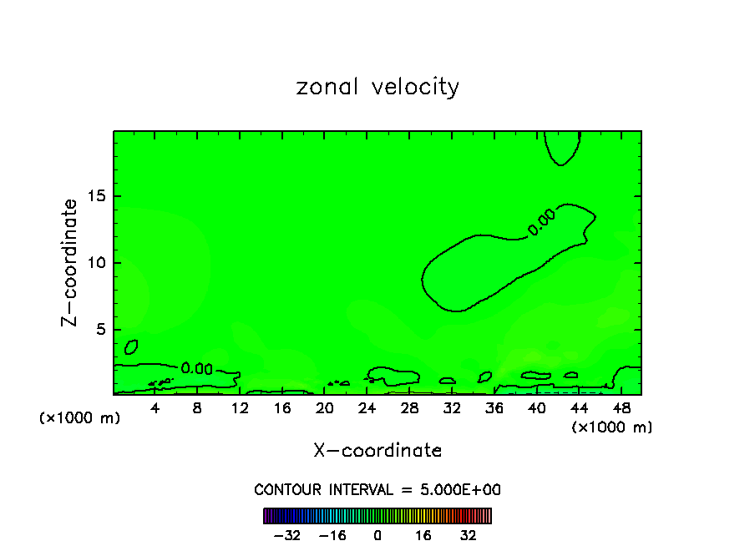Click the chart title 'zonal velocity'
coord(377,87)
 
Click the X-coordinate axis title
coord(377,451)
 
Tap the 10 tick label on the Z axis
coord(95,263)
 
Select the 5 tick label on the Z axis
coord(100,330)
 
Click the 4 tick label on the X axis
coord(155,408)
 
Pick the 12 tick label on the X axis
coord(240,408)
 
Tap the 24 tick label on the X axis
coord(367,408)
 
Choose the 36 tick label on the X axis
coord(494,408)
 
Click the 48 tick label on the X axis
coord(621,408)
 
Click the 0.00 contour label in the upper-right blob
coord(540,223)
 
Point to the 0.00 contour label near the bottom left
coord(196,369)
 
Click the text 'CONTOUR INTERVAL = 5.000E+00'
coord(377,490)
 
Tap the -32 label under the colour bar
coord(286,535)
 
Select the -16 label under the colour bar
coord(332,535)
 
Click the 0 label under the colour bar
coord(377,535)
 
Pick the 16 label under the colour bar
coord(423,535)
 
